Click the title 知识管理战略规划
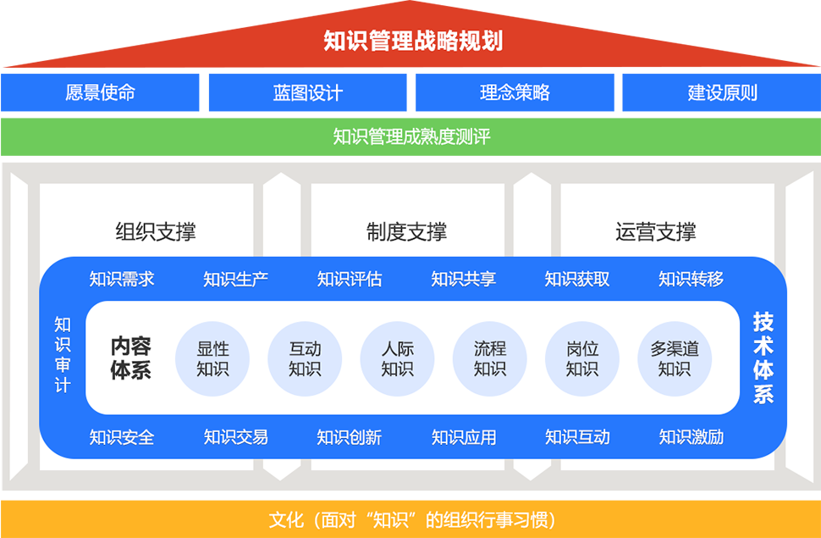413,41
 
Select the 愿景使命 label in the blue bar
100,92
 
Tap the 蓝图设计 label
308,92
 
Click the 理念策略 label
515,92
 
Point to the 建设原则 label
722,92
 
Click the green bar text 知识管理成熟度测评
411,136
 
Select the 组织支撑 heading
156,231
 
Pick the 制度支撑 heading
406,231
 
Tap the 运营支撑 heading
656,231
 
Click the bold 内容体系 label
130,358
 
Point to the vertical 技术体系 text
763,358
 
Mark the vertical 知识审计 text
63,355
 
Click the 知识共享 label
464,279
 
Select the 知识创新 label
349,437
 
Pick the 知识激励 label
691,437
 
